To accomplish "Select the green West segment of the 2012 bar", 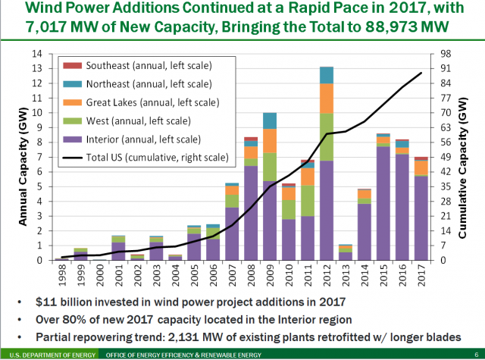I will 327,136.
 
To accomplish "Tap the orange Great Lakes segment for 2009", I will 269,140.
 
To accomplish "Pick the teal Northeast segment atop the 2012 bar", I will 327,75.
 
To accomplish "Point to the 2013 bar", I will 346,252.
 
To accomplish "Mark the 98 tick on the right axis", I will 446,54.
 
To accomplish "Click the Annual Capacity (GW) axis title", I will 22,156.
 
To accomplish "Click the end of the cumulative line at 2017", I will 422,73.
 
